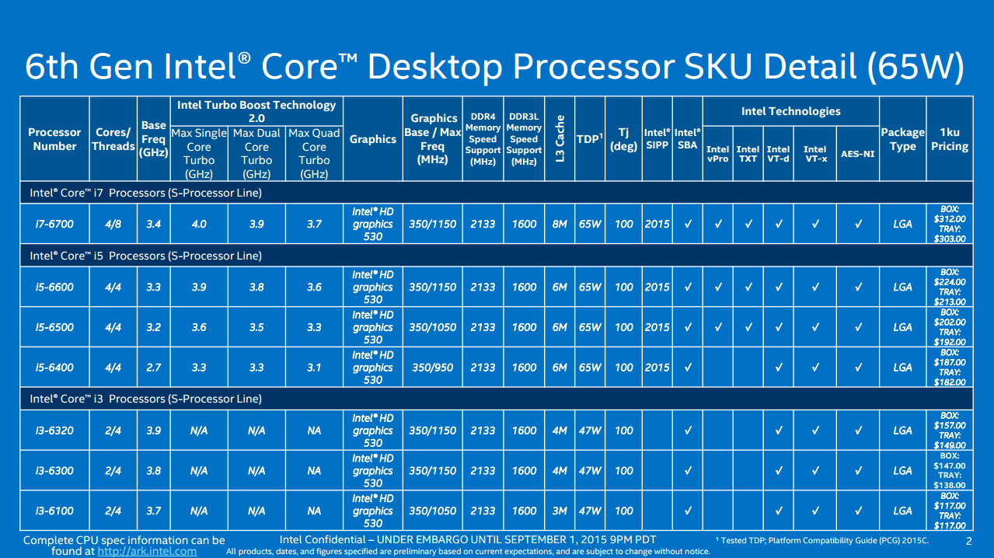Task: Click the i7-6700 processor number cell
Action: [54, 224]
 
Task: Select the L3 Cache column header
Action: [560, 138]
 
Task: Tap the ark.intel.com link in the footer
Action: [147, 551]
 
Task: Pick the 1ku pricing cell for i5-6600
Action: [950, 287]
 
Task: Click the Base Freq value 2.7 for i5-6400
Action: [154, 368]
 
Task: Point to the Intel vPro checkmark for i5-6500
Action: [718, 327]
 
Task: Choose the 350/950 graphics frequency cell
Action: [433, 368]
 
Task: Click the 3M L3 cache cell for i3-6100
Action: [560, 511]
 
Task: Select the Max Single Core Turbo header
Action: [199, 153]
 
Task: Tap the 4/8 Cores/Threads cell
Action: [113, 224]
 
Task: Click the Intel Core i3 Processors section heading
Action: [145, 399]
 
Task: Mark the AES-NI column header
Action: [858, 154]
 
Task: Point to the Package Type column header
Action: [902, 139]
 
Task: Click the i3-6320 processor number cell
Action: [54, 431]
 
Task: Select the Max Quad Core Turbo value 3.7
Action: [314, 224]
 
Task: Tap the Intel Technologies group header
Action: [790, 111]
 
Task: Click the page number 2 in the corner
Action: [968, 541]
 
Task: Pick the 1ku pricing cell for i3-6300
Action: [950, 470]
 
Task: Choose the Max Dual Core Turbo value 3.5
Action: [256, 327]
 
